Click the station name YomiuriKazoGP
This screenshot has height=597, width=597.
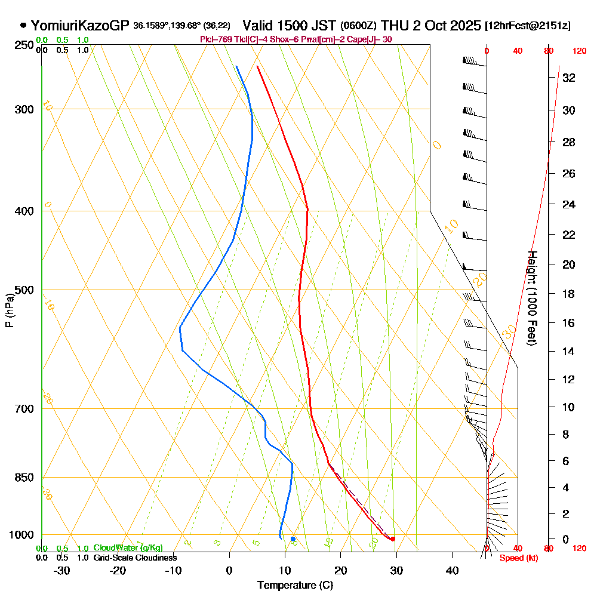click(80, 26)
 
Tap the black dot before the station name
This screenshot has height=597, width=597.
click(23, 26)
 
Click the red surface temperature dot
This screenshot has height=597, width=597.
click(392, 539)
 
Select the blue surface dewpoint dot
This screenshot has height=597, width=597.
click(293, 539)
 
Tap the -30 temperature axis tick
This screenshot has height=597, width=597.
click(62, 570)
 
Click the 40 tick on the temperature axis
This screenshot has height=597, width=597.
click(453, 570)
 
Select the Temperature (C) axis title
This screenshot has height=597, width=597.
click(295, 586)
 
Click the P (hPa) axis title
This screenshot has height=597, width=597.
click(9, 310)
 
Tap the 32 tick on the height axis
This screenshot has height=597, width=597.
click(569, 78)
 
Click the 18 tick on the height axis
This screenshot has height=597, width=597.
click(569, 294)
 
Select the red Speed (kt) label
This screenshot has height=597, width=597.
click(516, 558)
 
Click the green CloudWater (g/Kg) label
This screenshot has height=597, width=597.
click(128, 547)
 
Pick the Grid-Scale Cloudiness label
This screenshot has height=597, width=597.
click(135, 558)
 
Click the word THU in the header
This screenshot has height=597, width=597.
click(395, 26)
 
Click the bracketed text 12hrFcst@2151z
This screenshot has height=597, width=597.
click(528, 26)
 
